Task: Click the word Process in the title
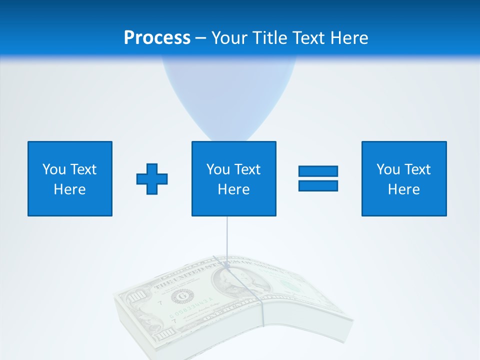click(157, 38)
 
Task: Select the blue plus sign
click(152, 179)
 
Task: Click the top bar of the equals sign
click(318, 171)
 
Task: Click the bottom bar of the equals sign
click(318, 185)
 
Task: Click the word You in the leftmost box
click(54, 169)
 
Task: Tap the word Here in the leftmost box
click(69, 189)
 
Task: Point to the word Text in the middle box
click(247, 169)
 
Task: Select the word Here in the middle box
click(233, 189)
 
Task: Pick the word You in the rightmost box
click(388, 169)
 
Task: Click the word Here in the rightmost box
click(403, 189)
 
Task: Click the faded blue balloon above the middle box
click(228, 95)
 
